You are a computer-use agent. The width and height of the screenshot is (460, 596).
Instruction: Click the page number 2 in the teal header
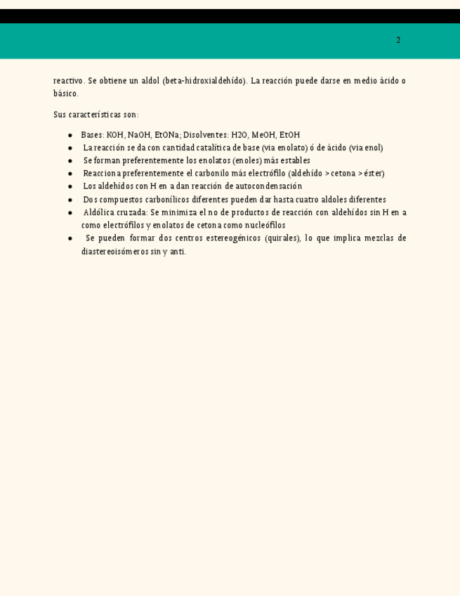tap(398, 40)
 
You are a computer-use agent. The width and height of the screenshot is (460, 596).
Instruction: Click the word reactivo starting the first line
tap(69, 81)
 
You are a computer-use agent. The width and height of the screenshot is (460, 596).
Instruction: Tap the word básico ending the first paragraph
tap(65, 93)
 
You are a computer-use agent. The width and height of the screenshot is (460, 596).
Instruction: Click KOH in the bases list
tap(115, 135)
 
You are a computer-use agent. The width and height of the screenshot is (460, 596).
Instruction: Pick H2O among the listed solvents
tap(239, 135)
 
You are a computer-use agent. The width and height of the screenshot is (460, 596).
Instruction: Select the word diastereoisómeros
tap(114, 252)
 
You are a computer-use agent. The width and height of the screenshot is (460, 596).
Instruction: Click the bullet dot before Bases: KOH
tap(70, 135)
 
